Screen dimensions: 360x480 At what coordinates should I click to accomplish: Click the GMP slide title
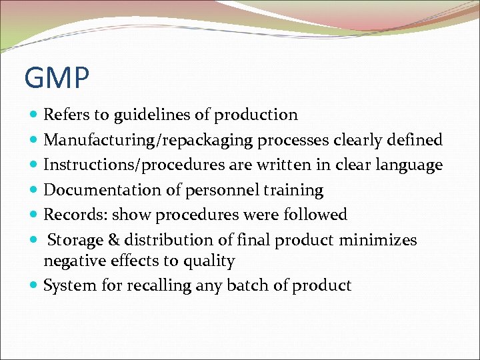pyautogui.click(x=57, y=77)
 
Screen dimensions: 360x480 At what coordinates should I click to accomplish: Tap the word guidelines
pyautogui.click(x=152, y=115)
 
